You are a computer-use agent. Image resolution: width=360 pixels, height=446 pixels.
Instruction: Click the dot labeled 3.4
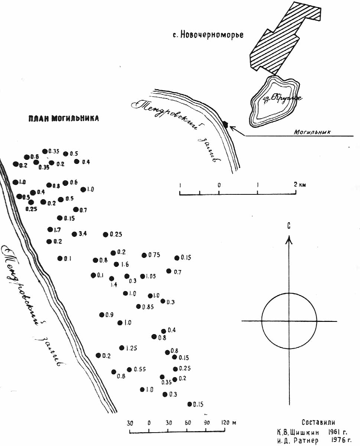[74, 234]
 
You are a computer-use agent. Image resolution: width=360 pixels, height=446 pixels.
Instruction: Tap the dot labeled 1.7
[50, 230]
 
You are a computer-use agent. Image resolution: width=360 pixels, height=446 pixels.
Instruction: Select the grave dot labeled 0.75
[144, 255]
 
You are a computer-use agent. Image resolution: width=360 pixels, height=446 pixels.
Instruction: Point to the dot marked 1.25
[121, 348]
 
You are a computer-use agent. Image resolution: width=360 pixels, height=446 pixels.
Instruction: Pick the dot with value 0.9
[102, 315]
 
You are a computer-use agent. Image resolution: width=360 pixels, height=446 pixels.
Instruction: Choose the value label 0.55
[140, 369]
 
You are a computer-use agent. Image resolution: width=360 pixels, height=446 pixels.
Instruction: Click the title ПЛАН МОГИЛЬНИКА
[64, 119]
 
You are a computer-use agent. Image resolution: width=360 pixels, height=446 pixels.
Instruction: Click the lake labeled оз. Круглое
[275, 101]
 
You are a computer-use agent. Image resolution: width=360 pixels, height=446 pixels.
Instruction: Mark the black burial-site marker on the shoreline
[225, 124]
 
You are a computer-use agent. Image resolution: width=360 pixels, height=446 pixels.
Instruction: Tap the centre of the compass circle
[289, 321]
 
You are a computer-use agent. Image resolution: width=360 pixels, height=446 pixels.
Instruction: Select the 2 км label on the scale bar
[300, 185]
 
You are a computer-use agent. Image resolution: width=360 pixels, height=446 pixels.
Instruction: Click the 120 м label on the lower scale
[229, 423]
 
